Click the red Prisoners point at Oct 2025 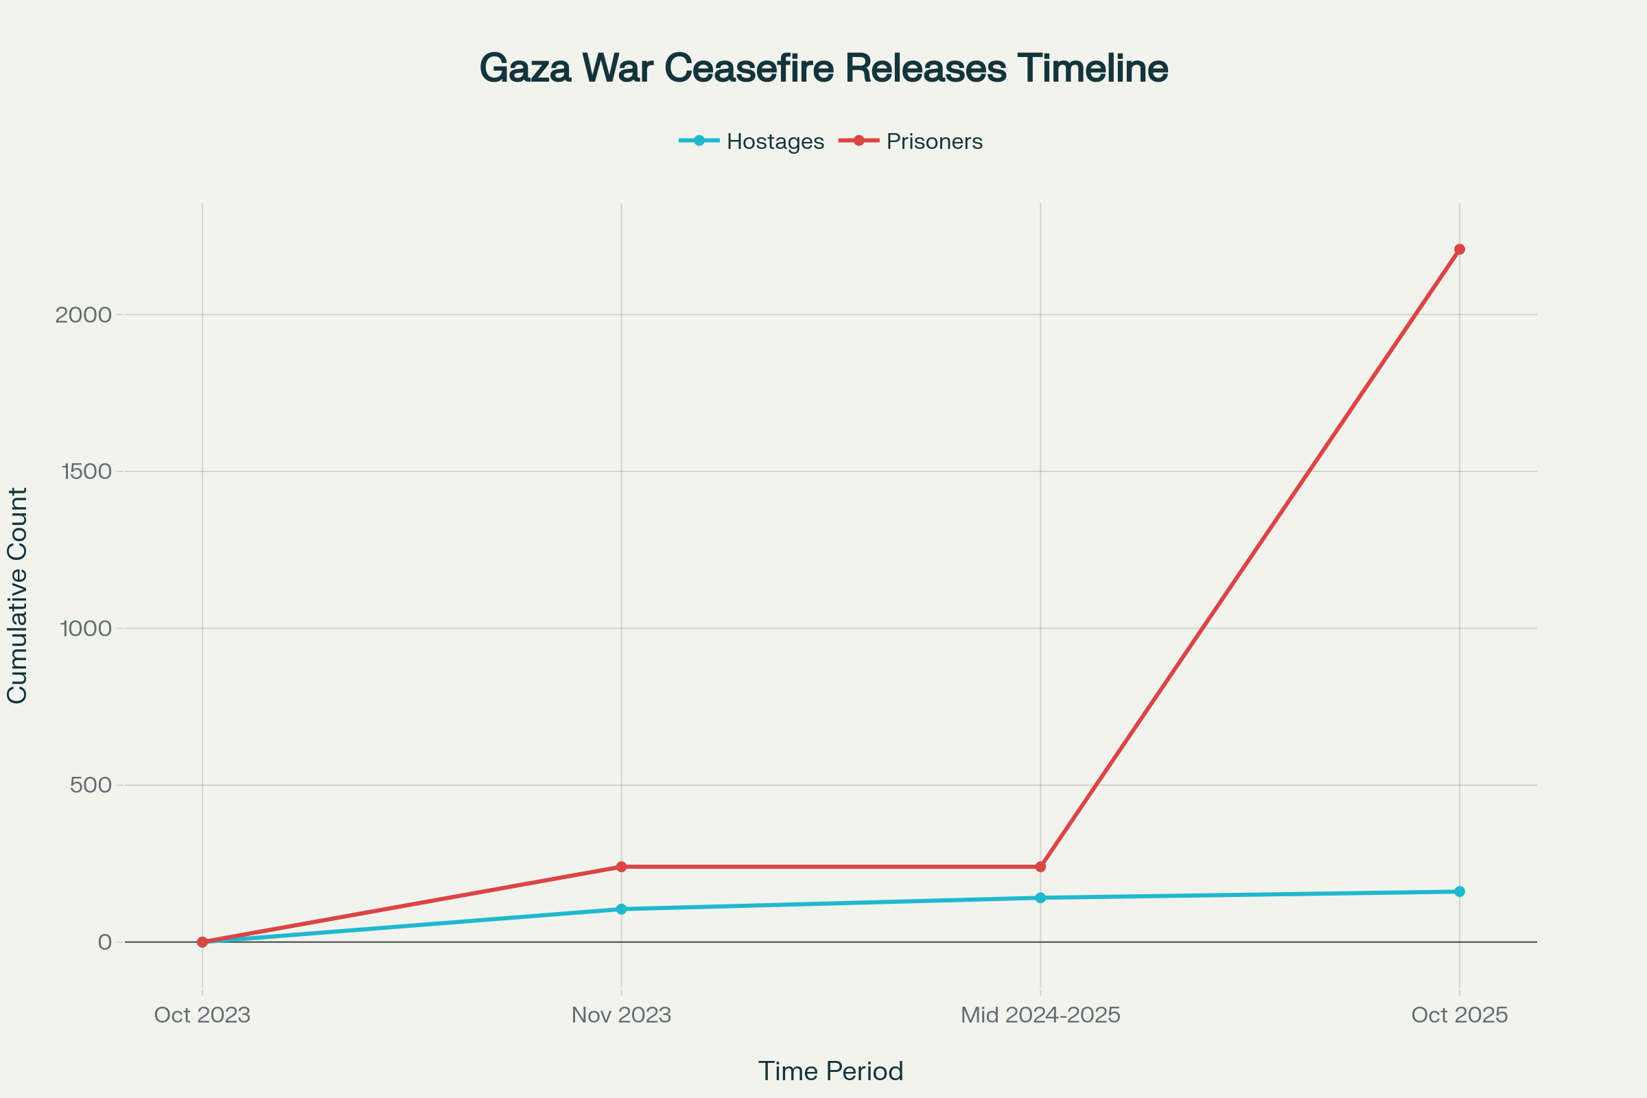pos(1460,249)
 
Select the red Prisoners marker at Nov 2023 pos(621,867)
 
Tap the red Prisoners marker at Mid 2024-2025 pos(1040,867)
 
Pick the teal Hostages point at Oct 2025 pos(1460,891)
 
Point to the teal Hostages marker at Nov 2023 pos(621,909)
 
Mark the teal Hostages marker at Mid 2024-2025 pos(1040,898)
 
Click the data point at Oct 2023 pos(202,942)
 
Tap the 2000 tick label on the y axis pos(83,315)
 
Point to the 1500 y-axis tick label pos(86,472)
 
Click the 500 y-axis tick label pos(91,785)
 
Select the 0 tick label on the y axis pos(105,942)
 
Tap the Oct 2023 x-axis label pos(202,1016)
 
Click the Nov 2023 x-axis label pos(621,1016)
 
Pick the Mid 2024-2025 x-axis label pos(1040,1016)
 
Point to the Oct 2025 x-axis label pos(1460,1016)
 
